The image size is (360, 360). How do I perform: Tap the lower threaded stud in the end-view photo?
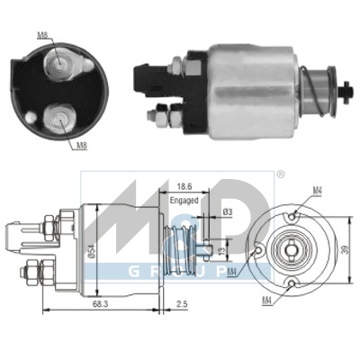pos(63,116)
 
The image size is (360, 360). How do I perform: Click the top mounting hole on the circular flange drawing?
pos(295,213)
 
